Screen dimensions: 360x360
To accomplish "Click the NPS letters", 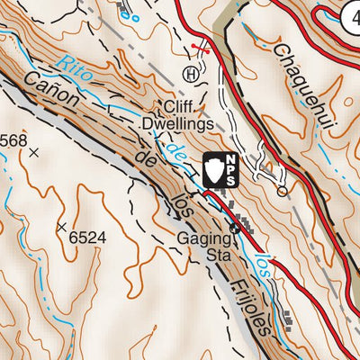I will [x=230, y=169].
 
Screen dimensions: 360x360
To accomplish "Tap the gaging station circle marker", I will [x=235, y=229].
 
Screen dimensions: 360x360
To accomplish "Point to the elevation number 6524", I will [x=87, y=238].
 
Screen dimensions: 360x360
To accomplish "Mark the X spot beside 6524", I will [x=62, y=227].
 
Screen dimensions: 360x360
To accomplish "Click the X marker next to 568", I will [x=34, y=153].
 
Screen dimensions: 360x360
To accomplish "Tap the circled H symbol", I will [x=190, y=73].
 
